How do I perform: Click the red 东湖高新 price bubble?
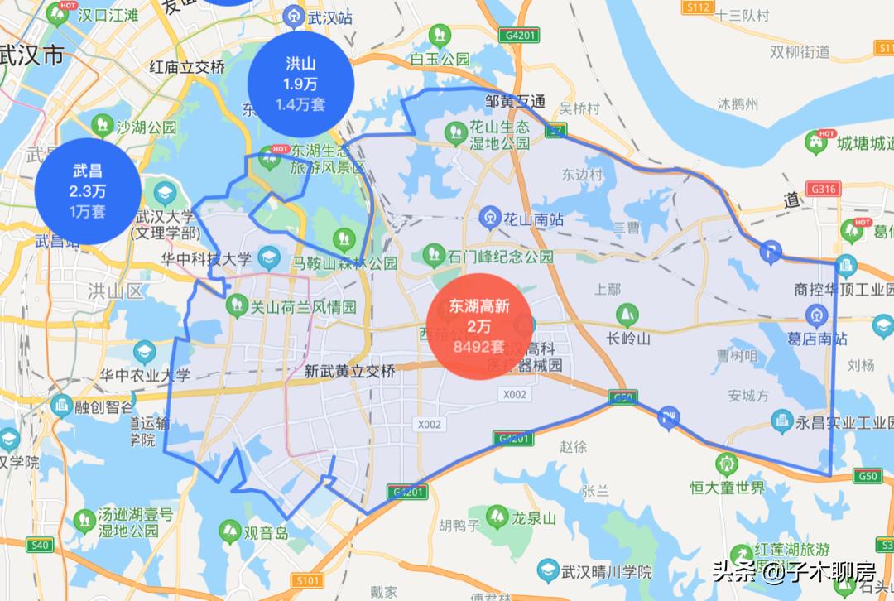pos(479,326)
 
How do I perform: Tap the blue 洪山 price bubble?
pos(301,84)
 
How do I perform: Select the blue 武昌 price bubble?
pos(87,191)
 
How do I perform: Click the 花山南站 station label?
pos(533,219)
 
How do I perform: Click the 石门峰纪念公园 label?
pos(500,257)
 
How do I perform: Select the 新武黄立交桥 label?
pos(349,372)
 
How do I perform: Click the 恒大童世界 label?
pos(728,487)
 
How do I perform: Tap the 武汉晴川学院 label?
pos(606,572)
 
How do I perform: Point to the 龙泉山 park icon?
pos(497,517)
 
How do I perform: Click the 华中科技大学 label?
pos(205,259)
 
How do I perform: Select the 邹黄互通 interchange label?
pos(515,101)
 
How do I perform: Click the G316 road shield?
pos(824,189)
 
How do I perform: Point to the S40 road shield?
pos(38,545)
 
